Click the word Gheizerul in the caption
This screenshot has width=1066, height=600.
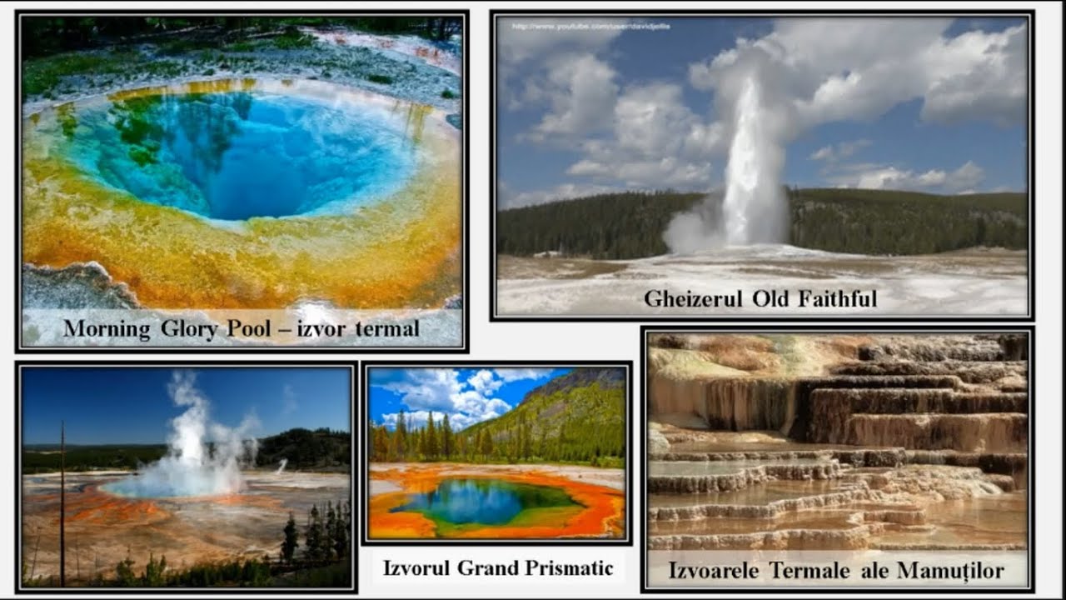tap(692, 298)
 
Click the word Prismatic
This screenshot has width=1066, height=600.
tap(570, 568)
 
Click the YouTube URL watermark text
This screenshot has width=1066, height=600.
tap(590, 27)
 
